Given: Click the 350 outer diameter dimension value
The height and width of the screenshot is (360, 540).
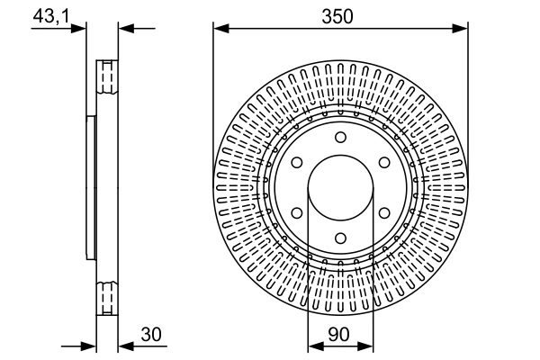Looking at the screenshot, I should [340, 16].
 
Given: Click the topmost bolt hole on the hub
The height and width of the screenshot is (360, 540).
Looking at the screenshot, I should [340, 137].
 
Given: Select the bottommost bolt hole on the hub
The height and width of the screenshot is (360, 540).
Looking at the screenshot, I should [340, 238].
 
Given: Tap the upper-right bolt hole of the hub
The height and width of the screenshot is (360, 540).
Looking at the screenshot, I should [384, 162].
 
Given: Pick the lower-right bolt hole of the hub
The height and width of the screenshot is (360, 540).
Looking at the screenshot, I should [384, 213].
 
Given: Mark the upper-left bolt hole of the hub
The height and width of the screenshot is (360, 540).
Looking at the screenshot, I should [296, 162].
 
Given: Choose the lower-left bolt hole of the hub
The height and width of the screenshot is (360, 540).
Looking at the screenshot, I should [296, 213].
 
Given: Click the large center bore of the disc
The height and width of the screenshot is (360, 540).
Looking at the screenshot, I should [340, 187].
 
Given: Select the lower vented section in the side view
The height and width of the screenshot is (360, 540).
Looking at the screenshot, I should [107, 298].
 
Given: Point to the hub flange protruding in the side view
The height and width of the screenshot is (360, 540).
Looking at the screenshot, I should [90, 187].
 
